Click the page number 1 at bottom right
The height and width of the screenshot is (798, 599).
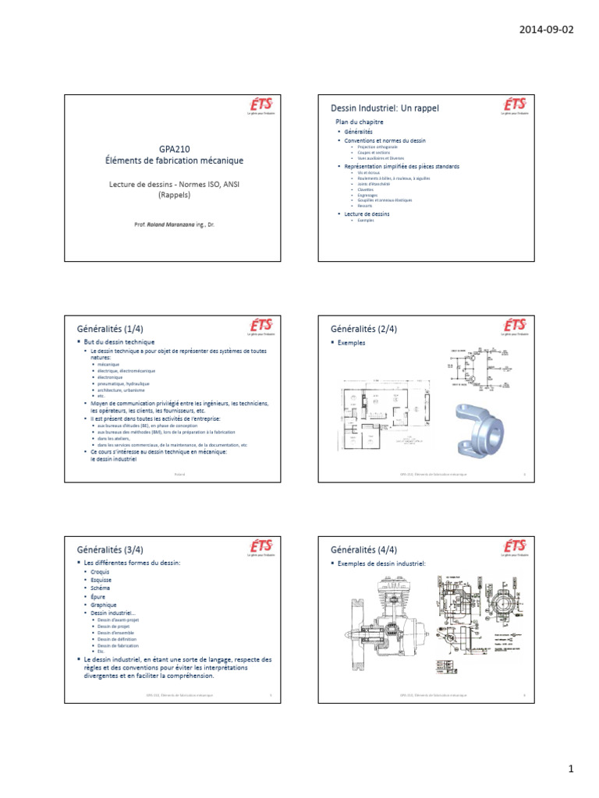[x=571, y=769]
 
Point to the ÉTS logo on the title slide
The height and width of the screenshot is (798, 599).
[x=261, y=106]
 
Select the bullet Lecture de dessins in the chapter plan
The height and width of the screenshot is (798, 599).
[x=367, y=213]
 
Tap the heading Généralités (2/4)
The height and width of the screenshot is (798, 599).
[x=364, y=329]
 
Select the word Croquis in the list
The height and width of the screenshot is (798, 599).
[x=100, y=571]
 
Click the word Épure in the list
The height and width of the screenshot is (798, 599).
[x=98, y=596]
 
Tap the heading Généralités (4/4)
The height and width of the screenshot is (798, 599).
[x=364, y=549]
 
